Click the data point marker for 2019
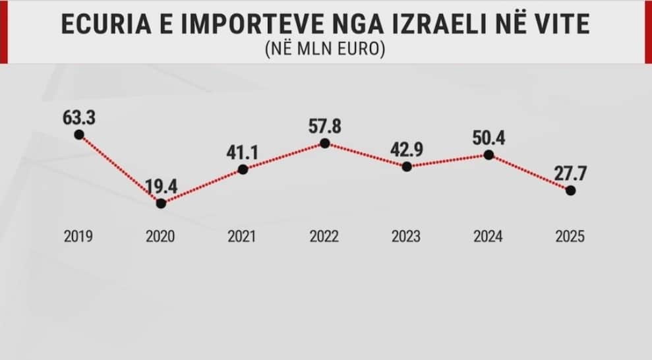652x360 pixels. (79, 135)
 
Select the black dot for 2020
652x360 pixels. (161, 203)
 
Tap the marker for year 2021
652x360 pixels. (243, 169)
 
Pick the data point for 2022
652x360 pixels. (324, 142)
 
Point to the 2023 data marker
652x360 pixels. (407, 167)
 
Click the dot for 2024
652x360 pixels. (489, 155)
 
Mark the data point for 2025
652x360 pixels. (570, 190)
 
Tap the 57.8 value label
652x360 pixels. (324, 125)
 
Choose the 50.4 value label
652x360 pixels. (489, 138)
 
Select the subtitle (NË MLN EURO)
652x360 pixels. (326, 49)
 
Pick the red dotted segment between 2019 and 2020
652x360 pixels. (120, 169)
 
